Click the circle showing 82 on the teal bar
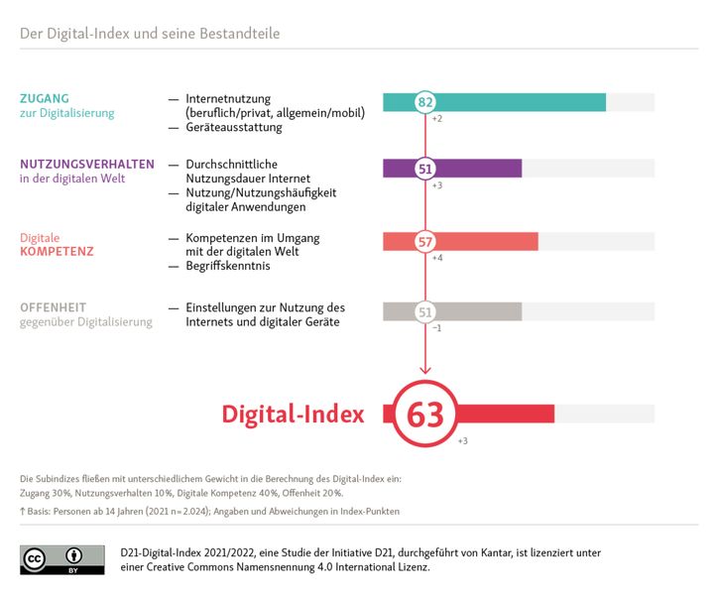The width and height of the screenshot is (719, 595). click(x=425, y=102)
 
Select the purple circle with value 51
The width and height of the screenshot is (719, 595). click(x=425, y=169)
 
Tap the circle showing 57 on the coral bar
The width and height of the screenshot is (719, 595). click(x=425, y=241)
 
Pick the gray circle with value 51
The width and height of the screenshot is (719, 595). click(x=425, y=312)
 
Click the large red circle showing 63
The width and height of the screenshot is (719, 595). click(x=425, y=415)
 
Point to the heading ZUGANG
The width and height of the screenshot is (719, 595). click(x=46, y=98)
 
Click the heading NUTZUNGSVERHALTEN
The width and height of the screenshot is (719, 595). click(x=87, y=165)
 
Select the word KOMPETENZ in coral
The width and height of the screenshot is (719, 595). click(x=57, y=252)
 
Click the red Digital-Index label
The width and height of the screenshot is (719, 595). click(x=293, y=415)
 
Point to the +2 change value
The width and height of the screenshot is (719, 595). click(x=437, y=119)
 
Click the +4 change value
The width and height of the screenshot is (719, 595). click(x=437, y=258)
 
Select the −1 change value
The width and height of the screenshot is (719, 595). click(x=437, y=328)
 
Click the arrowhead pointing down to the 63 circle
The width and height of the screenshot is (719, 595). click(x=425, y=369)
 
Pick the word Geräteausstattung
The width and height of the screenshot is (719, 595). click(x=234, y=128)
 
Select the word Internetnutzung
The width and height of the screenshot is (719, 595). click(x=229, y=99)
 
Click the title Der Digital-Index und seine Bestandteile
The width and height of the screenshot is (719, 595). click(x=150, y=34)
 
